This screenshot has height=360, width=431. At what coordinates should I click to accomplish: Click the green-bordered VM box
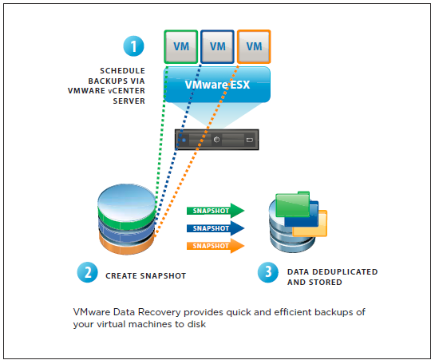coord(181,47)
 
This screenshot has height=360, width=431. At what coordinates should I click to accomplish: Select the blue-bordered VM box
coord(217,47)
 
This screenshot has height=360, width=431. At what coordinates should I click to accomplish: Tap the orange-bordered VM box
coord(254,47)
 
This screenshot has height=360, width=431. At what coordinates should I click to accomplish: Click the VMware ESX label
coord(217,85)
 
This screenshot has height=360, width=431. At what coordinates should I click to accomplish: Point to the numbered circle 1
coord(133,46)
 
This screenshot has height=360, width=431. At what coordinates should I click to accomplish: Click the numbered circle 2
coord(88,272)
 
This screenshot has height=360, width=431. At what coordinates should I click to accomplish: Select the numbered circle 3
coord(268,272)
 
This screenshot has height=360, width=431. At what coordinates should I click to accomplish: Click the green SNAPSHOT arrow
coord(215,211)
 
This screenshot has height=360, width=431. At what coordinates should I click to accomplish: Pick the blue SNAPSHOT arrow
coord(215,228)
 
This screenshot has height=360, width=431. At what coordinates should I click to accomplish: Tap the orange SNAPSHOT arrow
coord(215,246)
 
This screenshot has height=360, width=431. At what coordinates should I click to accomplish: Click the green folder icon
coord(292,204)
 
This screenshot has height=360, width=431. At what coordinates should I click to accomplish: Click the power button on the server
coord(216,140)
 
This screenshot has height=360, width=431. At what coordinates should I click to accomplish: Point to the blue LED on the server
coord(184,140)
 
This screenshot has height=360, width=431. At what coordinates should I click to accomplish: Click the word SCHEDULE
coord(123,71)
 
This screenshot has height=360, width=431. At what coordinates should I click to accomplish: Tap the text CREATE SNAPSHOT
coord(146,276)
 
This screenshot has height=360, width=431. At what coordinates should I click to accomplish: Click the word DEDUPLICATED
coord(345,271)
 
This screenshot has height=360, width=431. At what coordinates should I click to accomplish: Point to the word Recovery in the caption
coord(159,312)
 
